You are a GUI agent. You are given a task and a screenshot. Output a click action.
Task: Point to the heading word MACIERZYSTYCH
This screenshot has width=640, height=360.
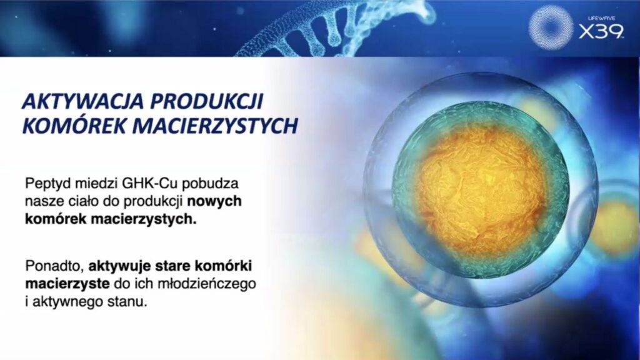[215, 126]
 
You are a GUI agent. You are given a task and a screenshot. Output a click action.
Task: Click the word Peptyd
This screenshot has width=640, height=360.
[47, 184]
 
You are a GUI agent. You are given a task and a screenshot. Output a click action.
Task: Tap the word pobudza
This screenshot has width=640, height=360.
[210, 184]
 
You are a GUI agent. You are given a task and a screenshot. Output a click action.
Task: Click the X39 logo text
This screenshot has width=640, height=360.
[601, 31]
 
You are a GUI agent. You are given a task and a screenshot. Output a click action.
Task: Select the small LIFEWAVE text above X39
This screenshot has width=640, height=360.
[601, 18]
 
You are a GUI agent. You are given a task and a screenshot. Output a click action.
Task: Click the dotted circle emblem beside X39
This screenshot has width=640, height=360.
[551, 27]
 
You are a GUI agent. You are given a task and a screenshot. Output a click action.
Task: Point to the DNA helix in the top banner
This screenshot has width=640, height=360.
[326, 29]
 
